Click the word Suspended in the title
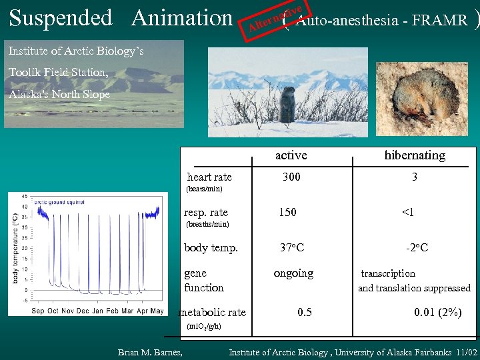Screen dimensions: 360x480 point(61,18)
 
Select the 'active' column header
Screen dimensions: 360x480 point(291,155)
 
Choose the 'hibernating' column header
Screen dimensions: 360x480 point(415,155)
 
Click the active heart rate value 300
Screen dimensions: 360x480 point(291,177)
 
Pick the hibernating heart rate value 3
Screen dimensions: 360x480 point(415,177)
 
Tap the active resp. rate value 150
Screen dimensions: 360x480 point(288,212)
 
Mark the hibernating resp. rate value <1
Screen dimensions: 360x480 point(407,212)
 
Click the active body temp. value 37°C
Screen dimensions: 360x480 point(292,248)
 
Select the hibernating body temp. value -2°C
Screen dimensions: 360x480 point(417,248)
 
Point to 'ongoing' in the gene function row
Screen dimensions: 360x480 point(293,273)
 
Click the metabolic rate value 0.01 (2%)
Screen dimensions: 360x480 point(437,312)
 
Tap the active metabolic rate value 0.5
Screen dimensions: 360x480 point(305,312)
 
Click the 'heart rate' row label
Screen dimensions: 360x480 point(209,177)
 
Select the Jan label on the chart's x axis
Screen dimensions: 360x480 point(97,311)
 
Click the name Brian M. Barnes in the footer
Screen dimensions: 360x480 point(150,352)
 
